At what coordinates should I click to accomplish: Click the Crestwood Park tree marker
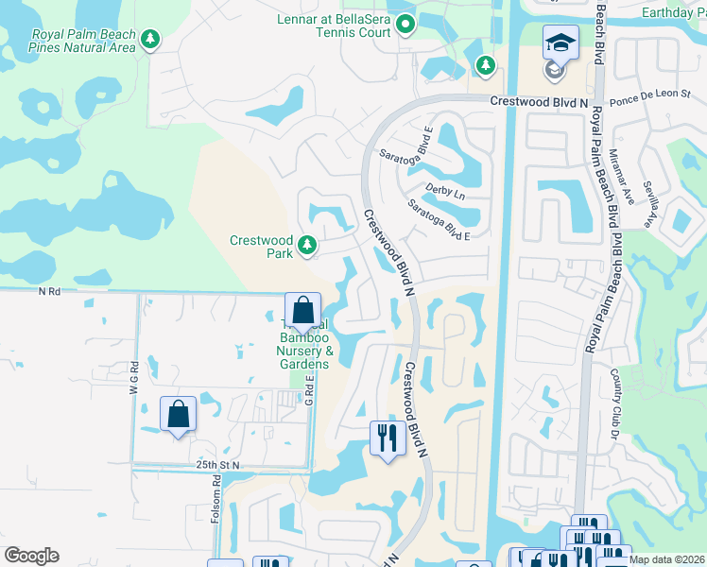(x=306, y=246)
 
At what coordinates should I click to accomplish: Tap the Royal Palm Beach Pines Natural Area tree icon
(x=149, y=39)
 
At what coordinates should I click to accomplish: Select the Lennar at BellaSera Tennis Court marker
(x=406, y=24)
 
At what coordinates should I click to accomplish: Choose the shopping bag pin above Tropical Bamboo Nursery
(x=302, y=311)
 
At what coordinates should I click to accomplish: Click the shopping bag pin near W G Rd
(x=178, y=415)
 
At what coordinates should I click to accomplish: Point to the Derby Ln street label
(x=445, y=192)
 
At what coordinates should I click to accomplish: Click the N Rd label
(x=49, y=292)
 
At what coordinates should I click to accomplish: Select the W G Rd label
(x=135, y=380)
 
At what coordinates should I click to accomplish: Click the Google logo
(x=31, y=556)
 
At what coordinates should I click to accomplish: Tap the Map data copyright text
(x=666, y=559)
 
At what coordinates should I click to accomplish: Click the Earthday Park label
(x=673, y=11)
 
